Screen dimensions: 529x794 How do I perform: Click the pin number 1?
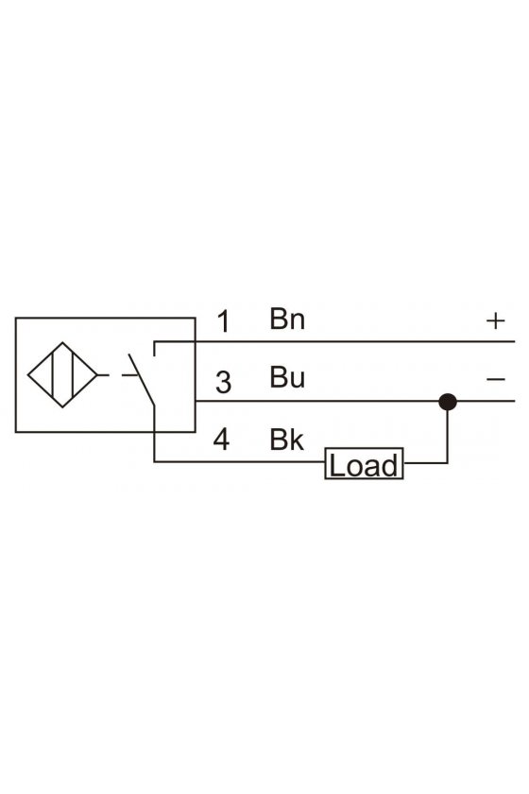click(x=223, y=321)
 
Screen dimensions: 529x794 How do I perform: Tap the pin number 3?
click(x=223, y=382)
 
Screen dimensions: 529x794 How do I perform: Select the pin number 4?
click(x=221, y=440)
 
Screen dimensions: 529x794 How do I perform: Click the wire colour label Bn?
click(x=287, y=319)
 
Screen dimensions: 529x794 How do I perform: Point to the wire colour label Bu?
click(x=287, y=377)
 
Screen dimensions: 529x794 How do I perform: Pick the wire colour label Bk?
click(x=286, y=440)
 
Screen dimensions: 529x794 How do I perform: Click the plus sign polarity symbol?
click(x=496, y=321)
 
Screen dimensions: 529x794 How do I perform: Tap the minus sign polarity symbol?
click(x=496, y=379)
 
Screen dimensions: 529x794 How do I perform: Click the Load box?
click(x=364, y=463)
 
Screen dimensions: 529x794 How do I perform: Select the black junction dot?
click(x=448, y=402)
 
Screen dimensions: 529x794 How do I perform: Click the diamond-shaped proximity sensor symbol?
click(x=62, y=374)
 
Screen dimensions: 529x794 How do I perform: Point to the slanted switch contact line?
click(x=142, y=380)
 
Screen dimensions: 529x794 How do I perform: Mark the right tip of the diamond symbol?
click(x=97, y=375)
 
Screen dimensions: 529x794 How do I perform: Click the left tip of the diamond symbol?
click(x=27, y=375)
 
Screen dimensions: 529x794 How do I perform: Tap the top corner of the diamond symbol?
click(x=62, y=343)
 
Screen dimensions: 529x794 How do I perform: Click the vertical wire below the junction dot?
click(x=448, y=436)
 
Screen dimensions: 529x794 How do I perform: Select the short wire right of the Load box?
click(x=425, y=463)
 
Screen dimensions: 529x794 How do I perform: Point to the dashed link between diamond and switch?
click(x=117, y=375)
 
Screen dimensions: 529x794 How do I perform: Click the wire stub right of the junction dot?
click(x=486, y=401)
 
